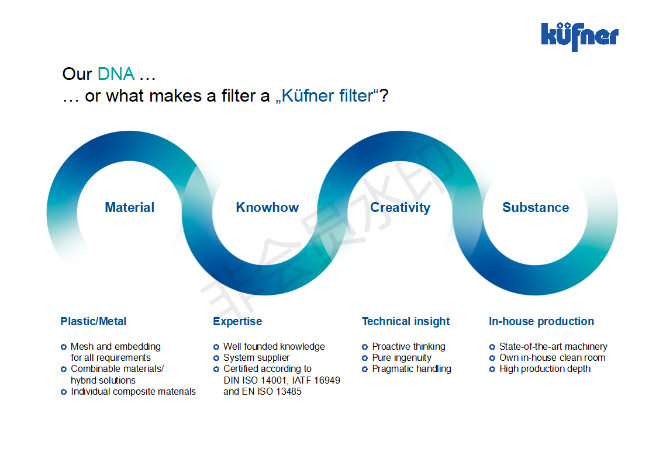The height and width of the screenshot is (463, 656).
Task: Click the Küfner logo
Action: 580,36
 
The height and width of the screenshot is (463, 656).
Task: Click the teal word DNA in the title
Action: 116,74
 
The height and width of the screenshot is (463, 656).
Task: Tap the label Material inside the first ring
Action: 129,207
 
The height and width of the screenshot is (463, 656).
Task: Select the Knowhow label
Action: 267,207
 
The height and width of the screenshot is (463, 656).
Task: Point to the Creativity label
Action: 400,208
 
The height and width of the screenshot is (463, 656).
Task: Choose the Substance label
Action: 536,207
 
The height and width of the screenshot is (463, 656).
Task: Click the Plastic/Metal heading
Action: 94,321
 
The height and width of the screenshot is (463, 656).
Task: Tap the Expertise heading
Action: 237,322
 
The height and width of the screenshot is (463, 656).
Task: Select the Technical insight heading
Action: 406,322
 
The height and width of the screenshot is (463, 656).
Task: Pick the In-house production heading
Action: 541,321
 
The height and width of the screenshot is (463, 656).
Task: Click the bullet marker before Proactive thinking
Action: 365,347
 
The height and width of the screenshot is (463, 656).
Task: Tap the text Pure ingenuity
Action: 402,358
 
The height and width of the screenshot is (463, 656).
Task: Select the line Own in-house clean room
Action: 553,358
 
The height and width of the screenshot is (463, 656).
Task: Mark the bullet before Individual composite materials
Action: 64,392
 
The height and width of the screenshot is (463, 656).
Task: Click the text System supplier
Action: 257,358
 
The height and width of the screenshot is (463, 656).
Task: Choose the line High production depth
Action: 545,369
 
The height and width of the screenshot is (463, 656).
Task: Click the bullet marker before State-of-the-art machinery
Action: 492,347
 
